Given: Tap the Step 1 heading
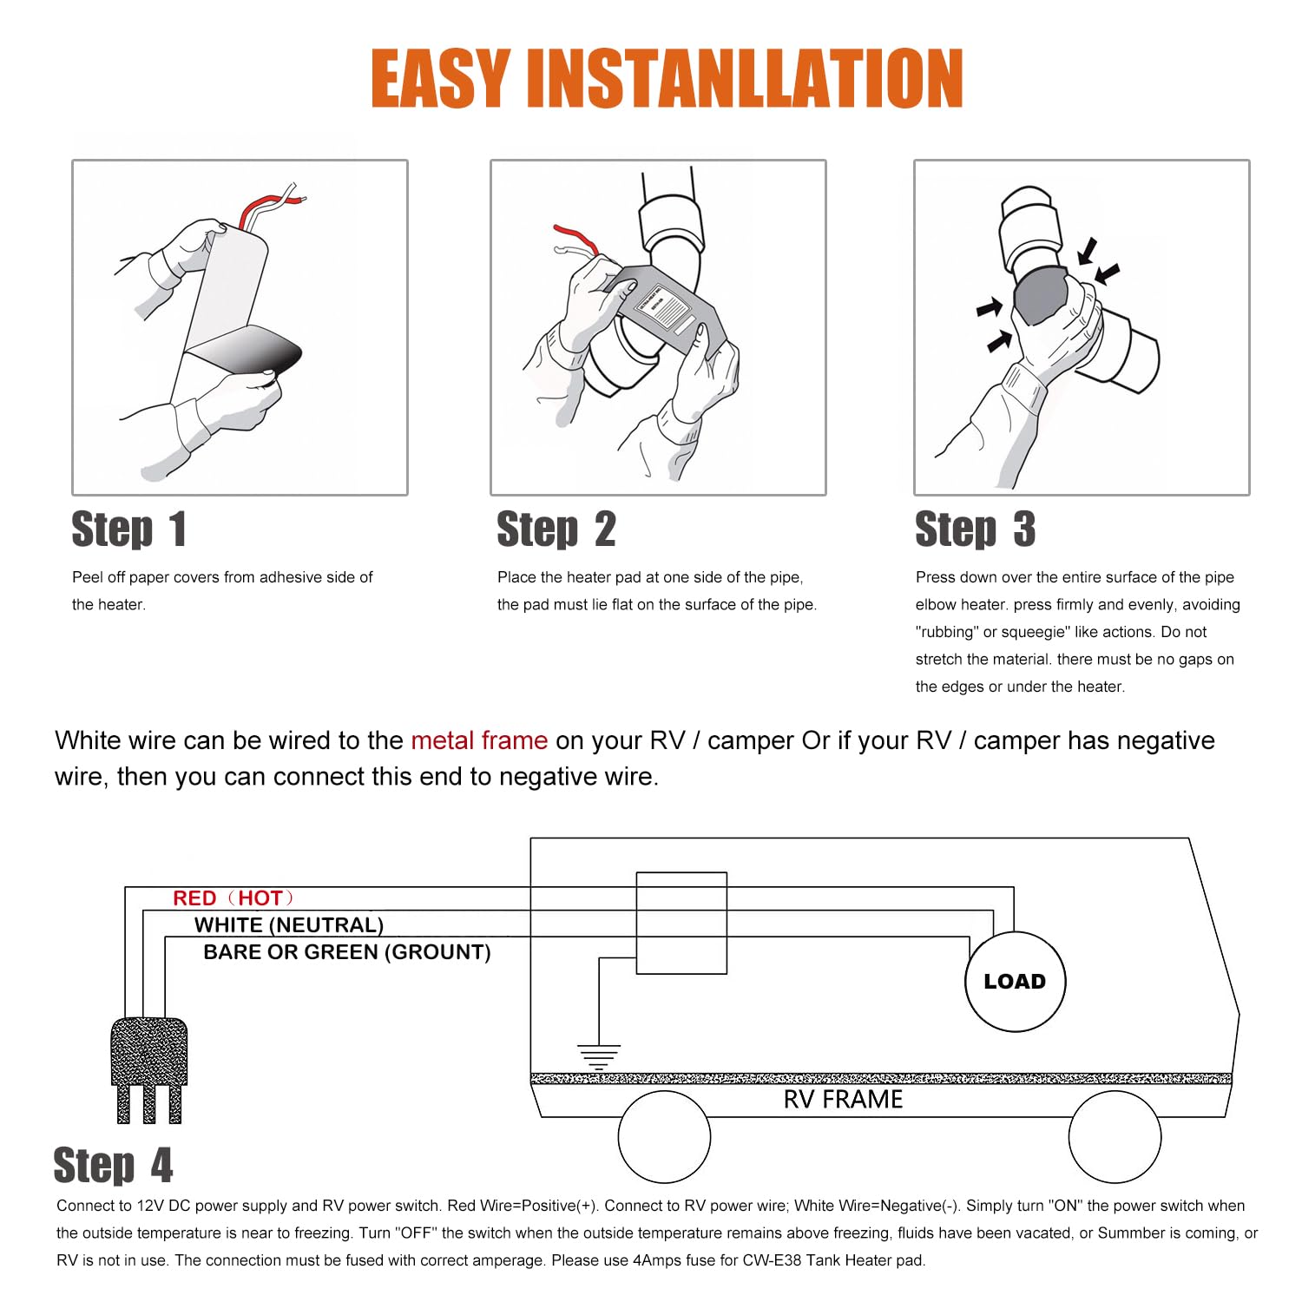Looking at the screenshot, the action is click(128, 529).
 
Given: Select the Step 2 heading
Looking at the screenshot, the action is click(556, 529).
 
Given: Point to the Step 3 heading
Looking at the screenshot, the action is click(975, 529).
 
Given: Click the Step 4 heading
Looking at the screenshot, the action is click(113, 1165).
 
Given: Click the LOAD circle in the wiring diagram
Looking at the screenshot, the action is click(1015, 982).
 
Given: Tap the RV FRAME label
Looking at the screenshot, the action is click(843, 1100).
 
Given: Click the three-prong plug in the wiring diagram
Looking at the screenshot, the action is click(149, 1070).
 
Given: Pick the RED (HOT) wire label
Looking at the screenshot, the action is click(233, 898).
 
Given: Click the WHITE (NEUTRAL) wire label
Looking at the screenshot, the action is click(289, 925).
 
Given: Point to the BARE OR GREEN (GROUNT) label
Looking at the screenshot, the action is click(347, 952).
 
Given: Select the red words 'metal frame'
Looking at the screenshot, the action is click(479, 740).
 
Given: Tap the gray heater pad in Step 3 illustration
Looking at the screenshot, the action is click(1041, 295).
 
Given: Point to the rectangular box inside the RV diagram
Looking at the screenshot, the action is click(681, 923).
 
